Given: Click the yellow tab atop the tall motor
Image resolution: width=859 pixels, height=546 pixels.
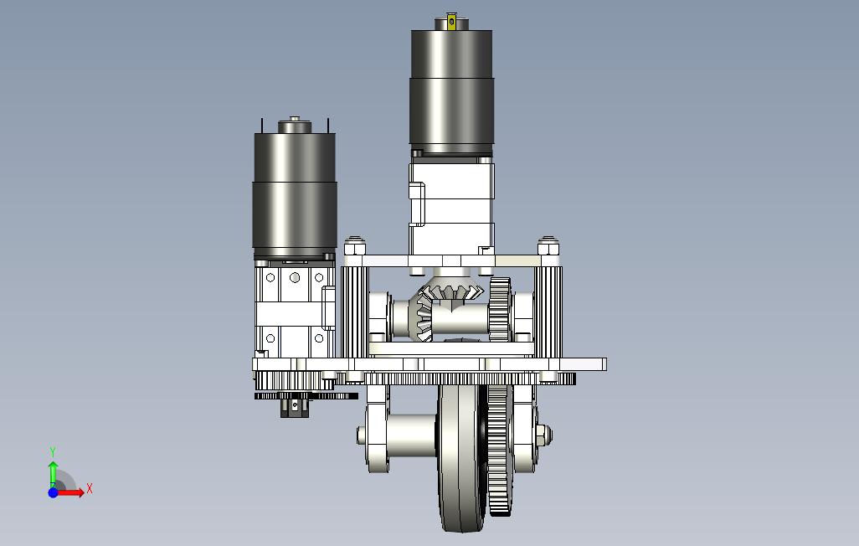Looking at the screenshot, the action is (x=451, y=22).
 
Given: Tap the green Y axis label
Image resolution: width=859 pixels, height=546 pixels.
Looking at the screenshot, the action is (x=53, y=451).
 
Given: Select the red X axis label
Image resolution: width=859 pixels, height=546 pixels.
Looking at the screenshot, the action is (x=90, y=488).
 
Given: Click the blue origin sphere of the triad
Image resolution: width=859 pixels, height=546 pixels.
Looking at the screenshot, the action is (x=53, y=492).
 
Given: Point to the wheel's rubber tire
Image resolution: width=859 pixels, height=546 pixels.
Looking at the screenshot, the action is (x=460, y=458).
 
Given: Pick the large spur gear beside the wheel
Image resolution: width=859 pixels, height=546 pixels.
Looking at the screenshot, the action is (x=499, y=450).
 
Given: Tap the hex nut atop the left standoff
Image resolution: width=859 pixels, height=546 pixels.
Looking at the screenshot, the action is (x=355, y=247).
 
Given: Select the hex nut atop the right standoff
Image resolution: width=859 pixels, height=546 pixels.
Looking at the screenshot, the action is (x=548, y=247).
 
